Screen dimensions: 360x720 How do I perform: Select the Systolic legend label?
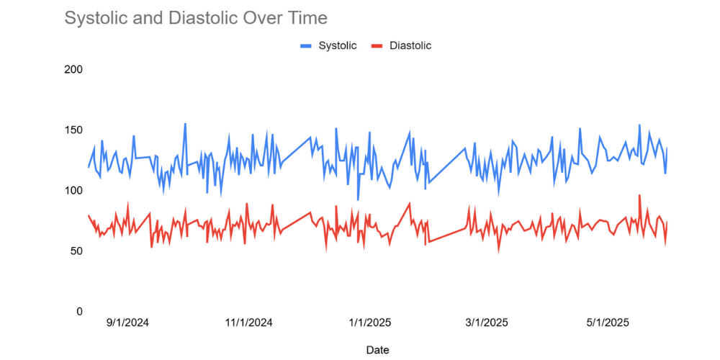[x=338, y=45]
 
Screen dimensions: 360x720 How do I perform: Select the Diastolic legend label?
[x=410, y=45]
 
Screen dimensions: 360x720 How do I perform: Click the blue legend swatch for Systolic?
[x=306, y=45]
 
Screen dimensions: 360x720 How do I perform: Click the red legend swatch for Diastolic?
[x=377, y=45]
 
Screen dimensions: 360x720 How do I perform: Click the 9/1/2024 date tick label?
[x=127, y=323]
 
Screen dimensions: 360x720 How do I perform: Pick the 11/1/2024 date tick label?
[x=248, y=323]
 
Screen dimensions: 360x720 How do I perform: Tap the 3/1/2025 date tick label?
[x=485, y=323]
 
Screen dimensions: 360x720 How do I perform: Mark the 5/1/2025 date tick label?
[x=606, y=323]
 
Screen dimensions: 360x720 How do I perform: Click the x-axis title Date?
[x=377, y=350]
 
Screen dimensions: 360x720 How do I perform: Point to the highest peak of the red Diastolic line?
[x=639, y=195]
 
